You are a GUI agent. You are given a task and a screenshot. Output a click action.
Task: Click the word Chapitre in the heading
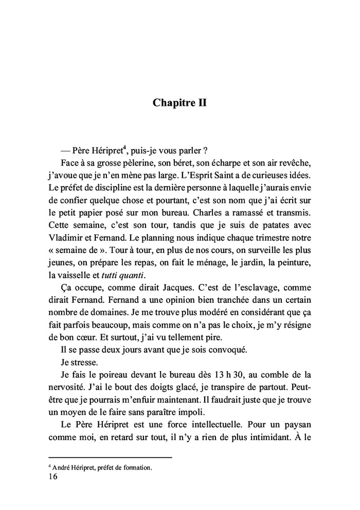pos(171,102)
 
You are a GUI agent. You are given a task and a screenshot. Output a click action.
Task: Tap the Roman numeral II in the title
pos(200,102)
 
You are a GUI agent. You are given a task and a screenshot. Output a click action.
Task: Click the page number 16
pos(53,477)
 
